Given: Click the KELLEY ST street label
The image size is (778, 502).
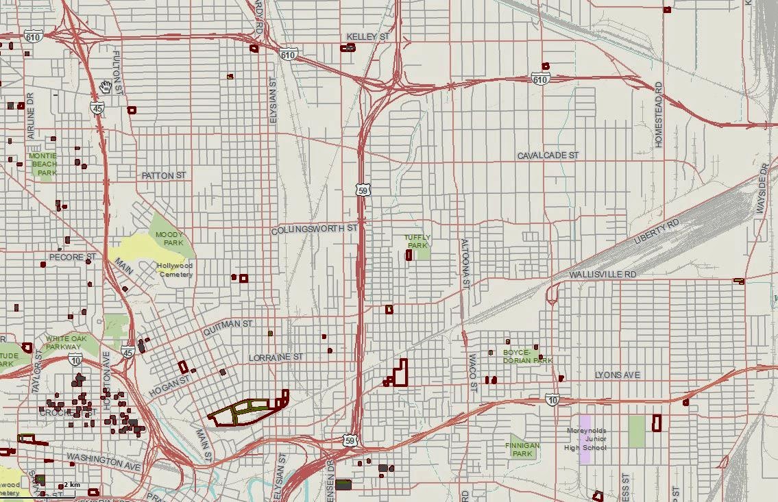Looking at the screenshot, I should tap(367, 36).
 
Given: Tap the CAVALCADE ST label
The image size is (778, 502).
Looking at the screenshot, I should tap(548, 155).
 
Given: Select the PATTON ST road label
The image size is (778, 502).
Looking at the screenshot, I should tap(164, 176).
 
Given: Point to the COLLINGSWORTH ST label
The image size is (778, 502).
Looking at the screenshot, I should tap(315, 229).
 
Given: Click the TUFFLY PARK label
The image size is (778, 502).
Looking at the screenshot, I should tap(417, 241).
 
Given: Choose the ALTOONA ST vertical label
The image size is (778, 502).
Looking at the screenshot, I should tap(465, 263).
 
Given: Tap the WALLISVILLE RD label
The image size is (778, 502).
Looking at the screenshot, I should tap(603, 275).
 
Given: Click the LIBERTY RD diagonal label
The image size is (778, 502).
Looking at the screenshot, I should tap(657, 231).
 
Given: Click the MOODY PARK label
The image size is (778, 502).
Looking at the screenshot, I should tap(169, 238).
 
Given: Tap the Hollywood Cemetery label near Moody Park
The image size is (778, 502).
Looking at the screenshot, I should tap(175, 270).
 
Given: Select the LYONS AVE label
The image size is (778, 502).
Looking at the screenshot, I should tap(617, 375).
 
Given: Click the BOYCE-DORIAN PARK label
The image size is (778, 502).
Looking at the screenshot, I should tap(527, 356).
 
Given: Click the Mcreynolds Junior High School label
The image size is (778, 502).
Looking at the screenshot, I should tap(586, 439).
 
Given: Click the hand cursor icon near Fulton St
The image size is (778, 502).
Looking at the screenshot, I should tap(106, 87).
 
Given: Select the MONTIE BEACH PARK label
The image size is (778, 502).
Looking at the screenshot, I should tap(43, 164).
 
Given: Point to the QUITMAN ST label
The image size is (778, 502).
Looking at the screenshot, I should tap(228, 326).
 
